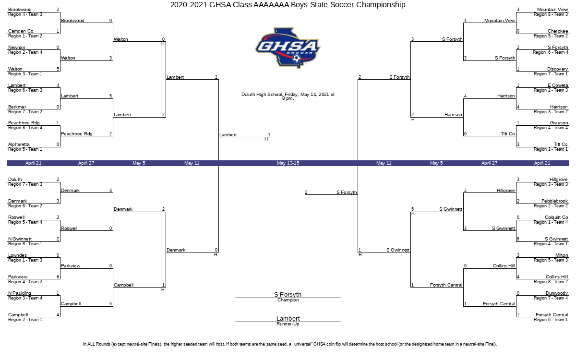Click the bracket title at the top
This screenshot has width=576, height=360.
pos(288,5)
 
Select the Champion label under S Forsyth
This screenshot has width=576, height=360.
pos(288,300)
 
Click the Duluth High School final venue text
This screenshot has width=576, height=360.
pos(288,96)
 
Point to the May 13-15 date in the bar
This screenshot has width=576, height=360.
pos(288,163)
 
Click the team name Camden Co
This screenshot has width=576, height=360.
pos(21,31)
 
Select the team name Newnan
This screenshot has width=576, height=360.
pos(17,48)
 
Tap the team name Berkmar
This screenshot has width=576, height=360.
pos(17,107)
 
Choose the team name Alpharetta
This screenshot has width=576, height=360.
pos(19,144)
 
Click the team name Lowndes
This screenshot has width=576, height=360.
pos(17,255)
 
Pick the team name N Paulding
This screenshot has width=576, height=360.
pos(20,293)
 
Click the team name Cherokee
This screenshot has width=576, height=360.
pos(558,31)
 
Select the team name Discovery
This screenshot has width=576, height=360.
pos(557,69)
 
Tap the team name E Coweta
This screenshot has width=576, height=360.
pos(558,85)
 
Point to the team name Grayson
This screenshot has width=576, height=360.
pos(559,123)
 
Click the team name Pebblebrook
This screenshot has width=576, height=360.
pos(554,201)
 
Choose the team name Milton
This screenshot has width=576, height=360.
pos(561,255)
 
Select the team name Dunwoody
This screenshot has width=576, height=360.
pos(557,293)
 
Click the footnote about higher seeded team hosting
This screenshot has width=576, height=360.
pos(290,344)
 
